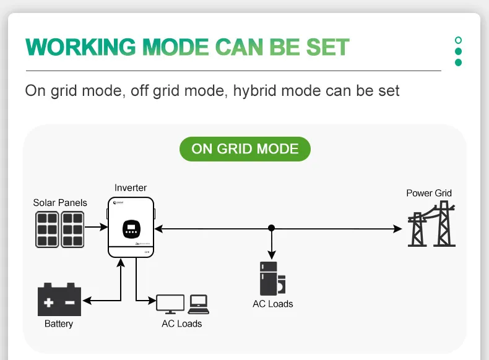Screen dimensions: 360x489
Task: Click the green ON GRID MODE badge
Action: coord(244,148)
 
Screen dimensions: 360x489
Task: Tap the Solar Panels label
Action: coord(60,202)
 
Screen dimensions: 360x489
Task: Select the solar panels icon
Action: coord(59,229)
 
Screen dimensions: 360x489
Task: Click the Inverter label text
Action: coord(131,187)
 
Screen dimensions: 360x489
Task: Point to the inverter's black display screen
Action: coord(131,229)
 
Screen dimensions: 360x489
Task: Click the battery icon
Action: coord(59,301)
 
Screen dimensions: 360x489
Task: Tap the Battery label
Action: coord(59,324)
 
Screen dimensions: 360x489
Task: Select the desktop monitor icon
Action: coord(170,304)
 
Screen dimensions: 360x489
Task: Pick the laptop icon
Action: coord(199,302)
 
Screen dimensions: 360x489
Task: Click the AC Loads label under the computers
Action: coord(181,324)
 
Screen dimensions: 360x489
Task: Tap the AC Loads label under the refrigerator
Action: coord(272,304)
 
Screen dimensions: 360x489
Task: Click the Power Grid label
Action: coord(429,193)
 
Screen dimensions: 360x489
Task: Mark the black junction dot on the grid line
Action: coord(271,228)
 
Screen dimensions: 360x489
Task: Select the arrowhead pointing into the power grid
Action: coord(397,228)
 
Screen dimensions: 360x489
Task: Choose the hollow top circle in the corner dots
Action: coord(458,40)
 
